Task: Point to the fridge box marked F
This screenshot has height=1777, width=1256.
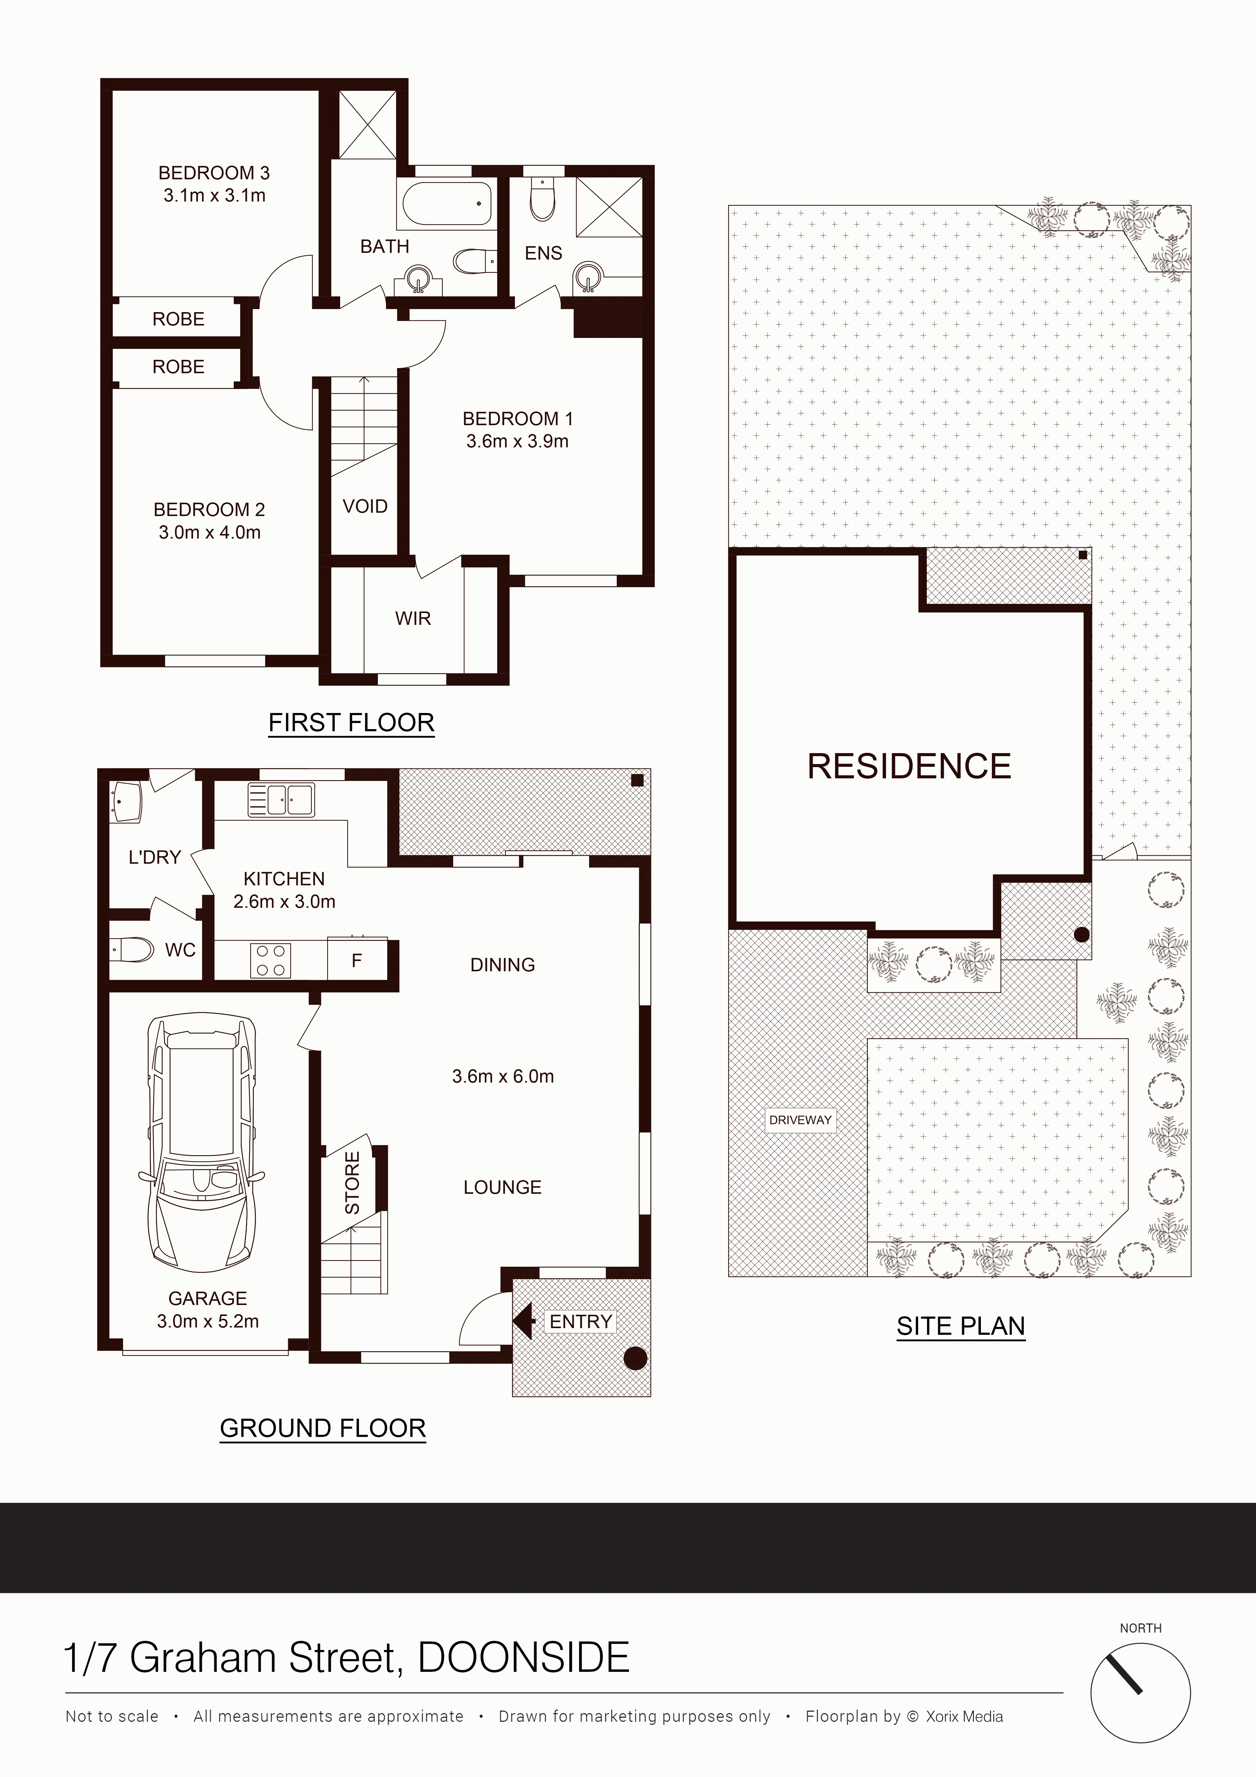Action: [x=357, y=960]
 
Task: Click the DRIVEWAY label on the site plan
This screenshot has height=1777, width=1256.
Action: [x=800, y=1120]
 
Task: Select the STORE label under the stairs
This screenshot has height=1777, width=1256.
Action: [x=352, y=1183]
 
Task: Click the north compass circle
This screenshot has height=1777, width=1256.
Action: [x=1141, y=1693]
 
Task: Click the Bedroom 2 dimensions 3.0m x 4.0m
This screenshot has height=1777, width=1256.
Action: [x=210, y=532]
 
